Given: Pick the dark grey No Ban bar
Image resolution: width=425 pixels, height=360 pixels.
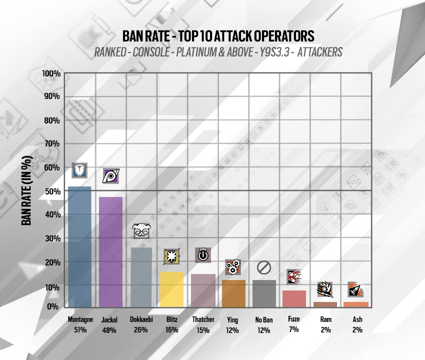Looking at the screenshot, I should pos(263,293).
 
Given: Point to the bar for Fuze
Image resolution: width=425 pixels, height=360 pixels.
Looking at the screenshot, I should pos(294,298).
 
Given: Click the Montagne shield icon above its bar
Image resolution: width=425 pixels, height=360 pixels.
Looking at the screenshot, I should pos(79,170).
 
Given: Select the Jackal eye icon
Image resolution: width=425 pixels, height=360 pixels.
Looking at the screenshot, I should pos(110,175).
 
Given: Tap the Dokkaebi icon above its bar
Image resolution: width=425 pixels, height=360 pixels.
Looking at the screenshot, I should pos(140,230).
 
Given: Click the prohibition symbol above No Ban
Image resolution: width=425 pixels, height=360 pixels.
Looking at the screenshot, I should pos(263,267).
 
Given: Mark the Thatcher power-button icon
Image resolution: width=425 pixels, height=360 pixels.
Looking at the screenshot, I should pos(202,254).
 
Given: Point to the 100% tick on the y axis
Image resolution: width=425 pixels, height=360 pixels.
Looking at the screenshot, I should pos(51,73).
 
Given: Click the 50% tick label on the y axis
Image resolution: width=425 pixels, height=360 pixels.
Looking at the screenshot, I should pos(51,191).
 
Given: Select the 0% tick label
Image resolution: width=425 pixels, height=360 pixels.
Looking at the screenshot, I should pos(53,305).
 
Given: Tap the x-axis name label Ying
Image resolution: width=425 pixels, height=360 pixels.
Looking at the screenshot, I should pos(232,319).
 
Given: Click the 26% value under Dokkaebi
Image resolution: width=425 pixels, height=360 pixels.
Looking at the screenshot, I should pos(141,329).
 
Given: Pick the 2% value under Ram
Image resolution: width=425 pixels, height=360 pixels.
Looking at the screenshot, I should pos(325,329).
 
